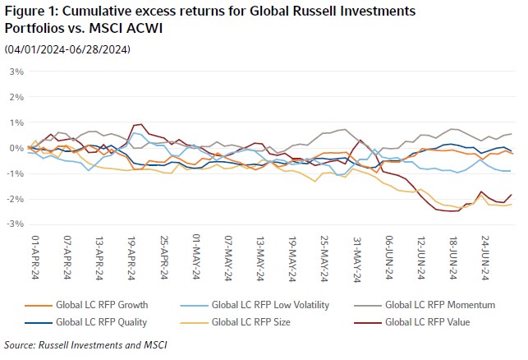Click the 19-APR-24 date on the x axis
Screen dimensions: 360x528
[x=131, y=255]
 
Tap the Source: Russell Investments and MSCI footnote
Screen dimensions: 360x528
[x=85, y=345]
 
